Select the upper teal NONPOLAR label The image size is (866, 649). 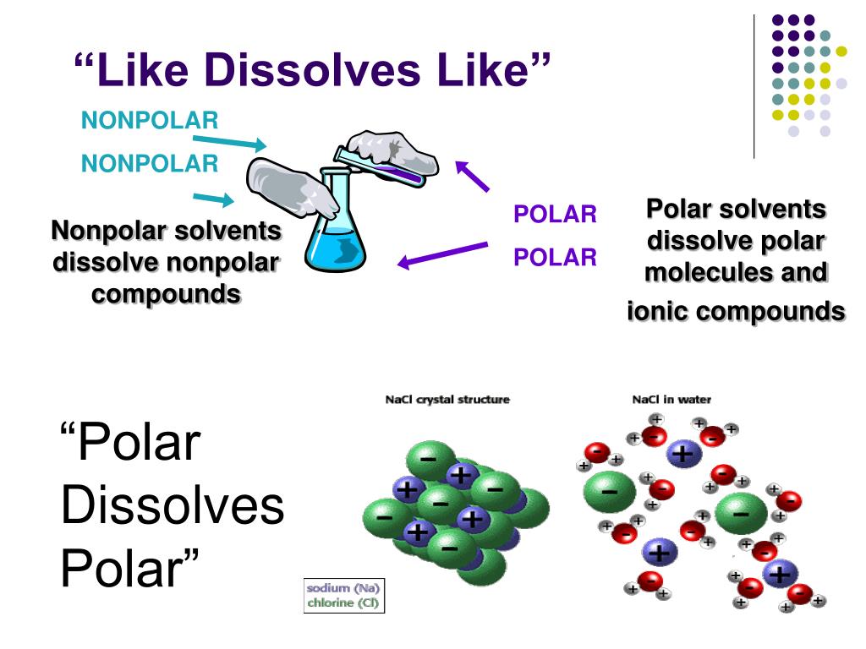150,121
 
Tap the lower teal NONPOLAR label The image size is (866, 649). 150,163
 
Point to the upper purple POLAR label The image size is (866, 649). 556,215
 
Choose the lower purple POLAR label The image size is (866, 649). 556,257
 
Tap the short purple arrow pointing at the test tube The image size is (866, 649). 473,175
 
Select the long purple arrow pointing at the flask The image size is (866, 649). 443,254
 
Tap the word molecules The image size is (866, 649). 711,273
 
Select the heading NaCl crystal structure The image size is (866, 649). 447,400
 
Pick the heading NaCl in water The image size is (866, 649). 671,400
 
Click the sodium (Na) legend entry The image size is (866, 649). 343,588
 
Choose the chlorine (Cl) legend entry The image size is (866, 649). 343,603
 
